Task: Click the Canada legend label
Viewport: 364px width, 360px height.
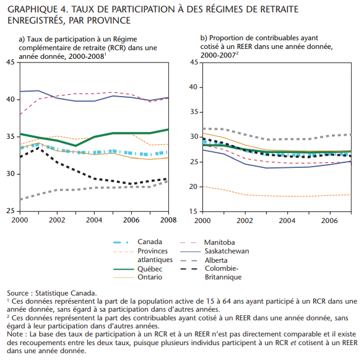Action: [x=150, y=242]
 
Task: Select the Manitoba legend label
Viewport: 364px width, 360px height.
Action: [x=219, y=242]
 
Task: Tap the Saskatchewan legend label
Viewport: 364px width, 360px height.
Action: [x=227, y=251]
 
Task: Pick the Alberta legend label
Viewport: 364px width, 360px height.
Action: [x=216, y=260]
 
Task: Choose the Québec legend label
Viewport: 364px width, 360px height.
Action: [x=150, y=269]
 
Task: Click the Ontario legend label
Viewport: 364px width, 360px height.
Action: [x=150, y=277]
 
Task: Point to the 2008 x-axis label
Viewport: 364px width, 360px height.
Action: [x=168, y=220]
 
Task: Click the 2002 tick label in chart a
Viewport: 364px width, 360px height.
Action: [x=57, y=220]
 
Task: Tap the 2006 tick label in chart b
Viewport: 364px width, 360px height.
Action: [x=329, y=221]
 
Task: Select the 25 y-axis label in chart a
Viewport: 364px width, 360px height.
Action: [x=11, y=211]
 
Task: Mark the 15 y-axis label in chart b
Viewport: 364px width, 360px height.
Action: [x=193, y=211]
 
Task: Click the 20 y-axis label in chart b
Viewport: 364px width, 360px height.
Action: [x=193, y=187]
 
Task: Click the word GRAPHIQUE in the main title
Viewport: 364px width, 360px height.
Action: [x=32, y=9]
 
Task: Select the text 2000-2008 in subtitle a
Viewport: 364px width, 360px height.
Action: [x=87, y=56]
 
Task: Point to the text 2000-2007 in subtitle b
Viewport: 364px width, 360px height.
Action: [x=218, y=55]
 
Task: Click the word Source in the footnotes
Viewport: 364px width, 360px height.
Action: [x=17, y=293]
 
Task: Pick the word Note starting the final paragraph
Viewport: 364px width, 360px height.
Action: [x=14, y=334]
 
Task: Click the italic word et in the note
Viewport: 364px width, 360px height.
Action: [x=293, y=343]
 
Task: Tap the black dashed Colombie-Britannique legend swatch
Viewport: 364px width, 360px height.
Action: [x=189, y=269]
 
